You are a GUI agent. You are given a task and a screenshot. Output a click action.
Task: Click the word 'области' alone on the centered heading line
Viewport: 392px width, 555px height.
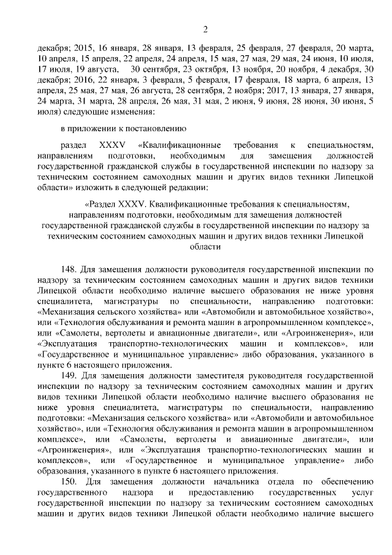[206, 247]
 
